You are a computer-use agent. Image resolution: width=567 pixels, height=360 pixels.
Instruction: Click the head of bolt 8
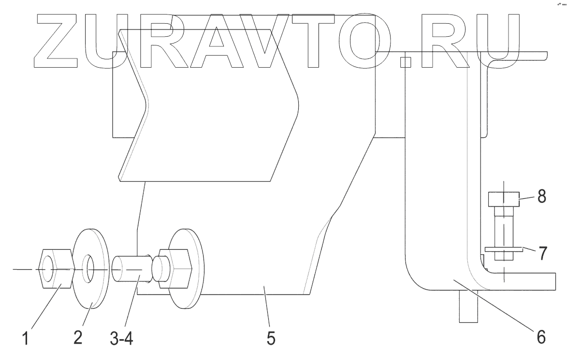tap(503, 199)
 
